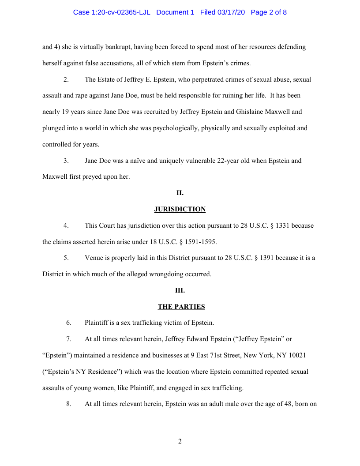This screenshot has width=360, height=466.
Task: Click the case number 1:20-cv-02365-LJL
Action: [112, 12]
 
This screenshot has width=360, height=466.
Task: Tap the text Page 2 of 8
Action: [269, 12]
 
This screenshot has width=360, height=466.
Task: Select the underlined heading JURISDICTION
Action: [180, 209]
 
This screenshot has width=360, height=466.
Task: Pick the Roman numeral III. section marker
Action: [180, 290]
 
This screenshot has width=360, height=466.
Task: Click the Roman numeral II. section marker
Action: [180, 193]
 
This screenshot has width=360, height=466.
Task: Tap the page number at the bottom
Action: [180, 441]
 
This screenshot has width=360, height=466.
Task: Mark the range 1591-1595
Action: [197, 242]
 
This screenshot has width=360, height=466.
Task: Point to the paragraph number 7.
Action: [69, 339]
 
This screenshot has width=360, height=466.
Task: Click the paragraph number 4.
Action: [66, 225]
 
